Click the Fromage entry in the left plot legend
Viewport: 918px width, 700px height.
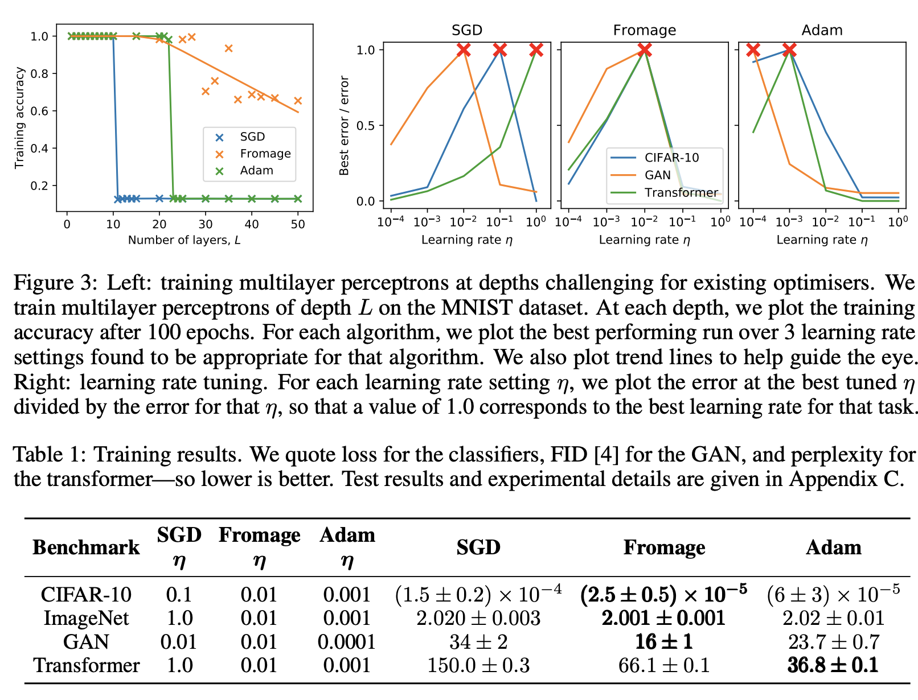tap(265, 154)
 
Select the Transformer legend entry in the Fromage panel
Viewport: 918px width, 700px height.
tap(681, 192)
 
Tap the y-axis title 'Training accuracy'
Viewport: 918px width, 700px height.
tap(20, 118)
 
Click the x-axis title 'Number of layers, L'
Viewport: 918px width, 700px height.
tap(184, 240)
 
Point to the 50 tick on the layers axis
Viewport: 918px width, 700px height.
tap(298, 225)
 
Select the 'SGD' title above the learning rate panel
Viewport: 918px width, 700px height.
tap(467, 30)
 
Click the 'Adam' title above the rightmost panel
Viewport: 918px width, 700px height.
tap(822, 30)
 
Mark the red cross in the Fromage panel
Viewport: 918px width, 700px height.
tap(645, 50)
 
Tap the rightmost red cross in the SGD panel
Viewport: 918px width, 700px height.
tap(536, 50)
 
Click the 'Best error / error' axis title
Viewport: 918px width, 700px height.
tap(344, 126)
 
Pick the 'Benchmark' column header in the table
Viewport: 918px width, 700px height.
tap(86, 547)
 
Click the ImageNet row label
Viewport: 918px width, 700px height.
tap(86, 618)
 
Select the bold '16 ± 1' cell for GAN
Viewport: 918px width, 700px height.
tap(664, 642)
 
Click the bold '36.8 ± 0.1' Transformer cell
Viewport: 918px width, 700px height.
tap(833, 665)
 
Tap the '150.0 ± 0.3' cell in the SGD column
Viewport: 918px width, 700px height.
tap(478, 665)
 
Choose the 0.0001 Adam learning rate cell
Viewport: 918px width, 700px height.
tap(347, 642)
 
